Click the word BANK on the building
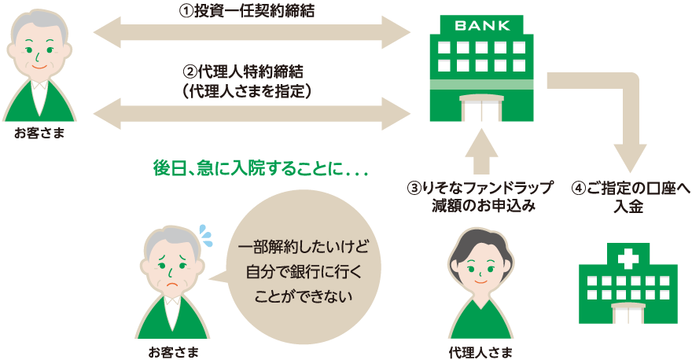[481, 24]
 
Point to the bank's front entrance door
[481, 109]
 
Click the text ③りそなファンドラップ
[480, 189]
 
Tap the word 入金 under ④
[628, 207]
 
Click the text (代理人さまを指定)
[247, 91]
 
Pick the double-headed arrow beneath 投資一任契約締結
[252, 34]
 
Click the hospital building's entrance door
[628, 313]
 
